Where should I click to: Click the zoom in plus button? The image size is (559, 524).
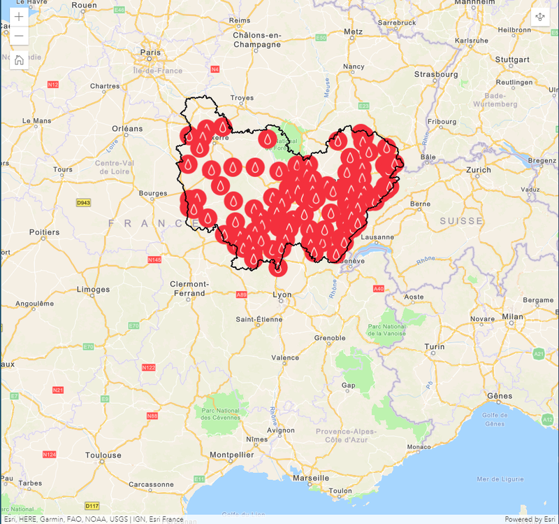click(x=19, y=17)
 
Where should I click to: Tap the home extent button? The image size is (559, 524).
click(x=19, y=59)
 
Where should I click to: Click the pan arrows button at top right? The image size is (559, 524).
click(x=540, y=17)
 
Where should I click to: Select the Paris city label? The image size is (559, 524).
click(x=150, y=52)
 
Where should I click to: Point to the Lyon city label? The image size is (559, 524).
click(x=282, y=295)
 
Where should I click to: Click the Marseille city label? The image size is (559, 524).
click(x=311, y=478)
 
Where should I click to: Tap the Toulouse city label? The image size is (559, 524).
click(x=103, y=455)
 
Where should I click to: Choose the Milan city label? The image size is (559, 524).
click(x=512, y=316)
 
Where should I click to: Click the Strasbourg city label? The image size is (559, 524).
click(x=435, y=74)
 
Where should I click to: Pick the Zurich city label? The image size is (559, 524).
click(x=479, y=170)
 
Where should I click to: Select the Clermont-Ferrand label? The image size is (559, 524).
click(x=189, y=288)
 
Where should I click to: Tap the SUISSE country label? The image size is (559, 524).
click(x=461, y=221)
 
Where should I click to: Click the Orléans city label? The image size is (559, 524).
click(x=127, y=129)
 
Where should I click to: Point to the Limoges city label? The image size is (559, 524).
click(x=93, y=290)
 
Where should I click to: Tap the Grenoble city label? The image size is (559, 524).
click(x=329, y=338)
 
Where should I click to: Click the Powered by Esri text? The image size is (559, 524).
click(x=530, y=519)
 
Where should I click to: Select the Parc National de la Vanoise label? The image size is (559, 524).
click(x=386, y=330)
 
